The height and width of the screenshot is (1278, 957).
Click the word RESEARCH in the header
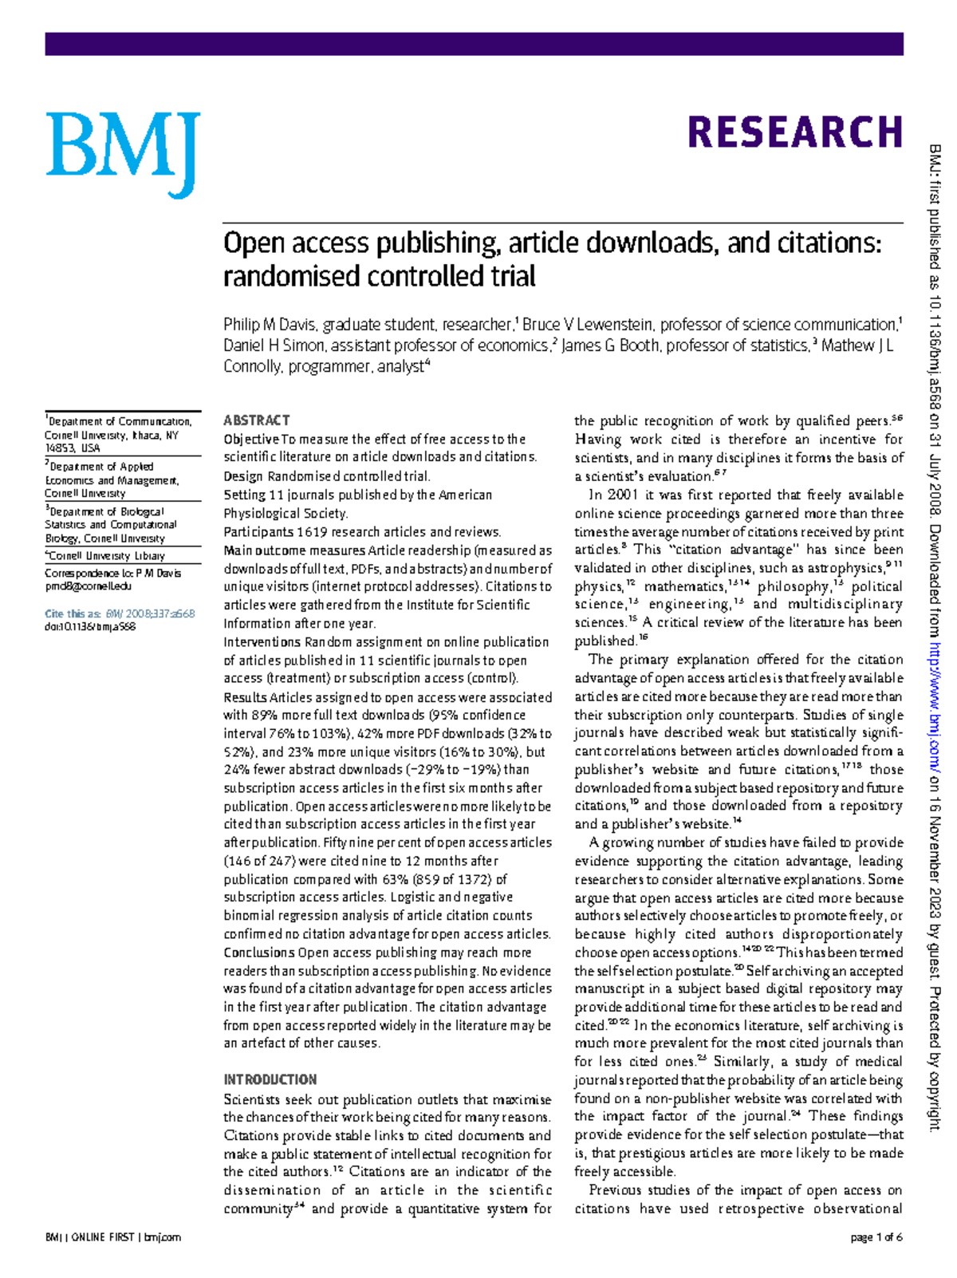(x=794, y=132)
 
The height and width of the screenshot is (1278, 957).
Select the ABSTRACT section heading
(x=256, y=420)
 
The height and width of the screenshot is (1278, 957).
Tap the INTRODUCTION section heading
(x=270, y=1079)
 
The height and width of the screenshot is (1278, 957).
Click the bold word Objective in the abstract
(x=250, y=439)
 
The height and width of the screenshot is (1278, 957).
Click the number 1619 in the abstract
(x=310, y=531)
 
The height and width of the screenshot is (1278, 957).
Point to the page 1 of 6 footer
(x=876, y=1237)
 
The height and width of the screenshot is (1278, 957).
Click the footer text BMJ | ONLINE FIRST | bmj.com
(x=112, y=1237)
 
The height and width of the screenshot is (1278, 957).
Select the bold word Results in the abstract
(x=245, y=697)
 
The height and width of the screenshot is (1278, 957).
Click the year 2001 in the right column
(x=622, y=495)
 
